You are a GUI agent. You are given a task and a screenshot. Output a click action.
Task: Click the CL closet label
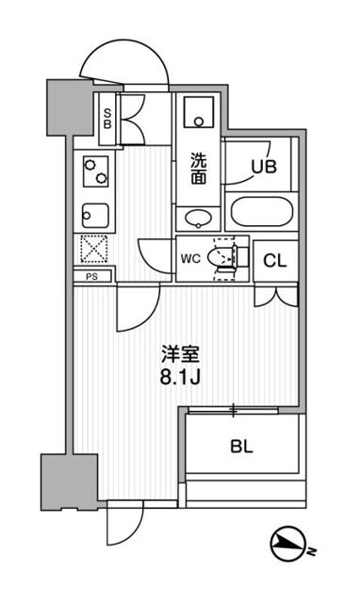(274, 261)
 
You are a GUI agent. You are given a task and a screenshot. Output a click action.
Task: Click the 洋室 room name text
(178, 356)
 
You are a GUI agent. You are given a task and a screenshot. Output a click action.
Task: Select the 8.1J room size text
(178, 379)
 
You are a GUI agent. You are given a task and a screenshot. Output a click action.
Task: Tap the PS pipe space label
(91, 277)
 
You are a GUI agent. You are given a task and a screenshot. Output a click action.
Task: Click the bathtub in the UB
(259, 213)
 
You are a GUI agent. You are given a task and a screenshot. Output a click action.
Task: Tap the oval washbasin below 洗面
(197, 220)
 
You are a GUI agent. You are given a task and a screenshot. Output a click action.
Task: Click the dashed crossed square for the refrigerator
(94, 250)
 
